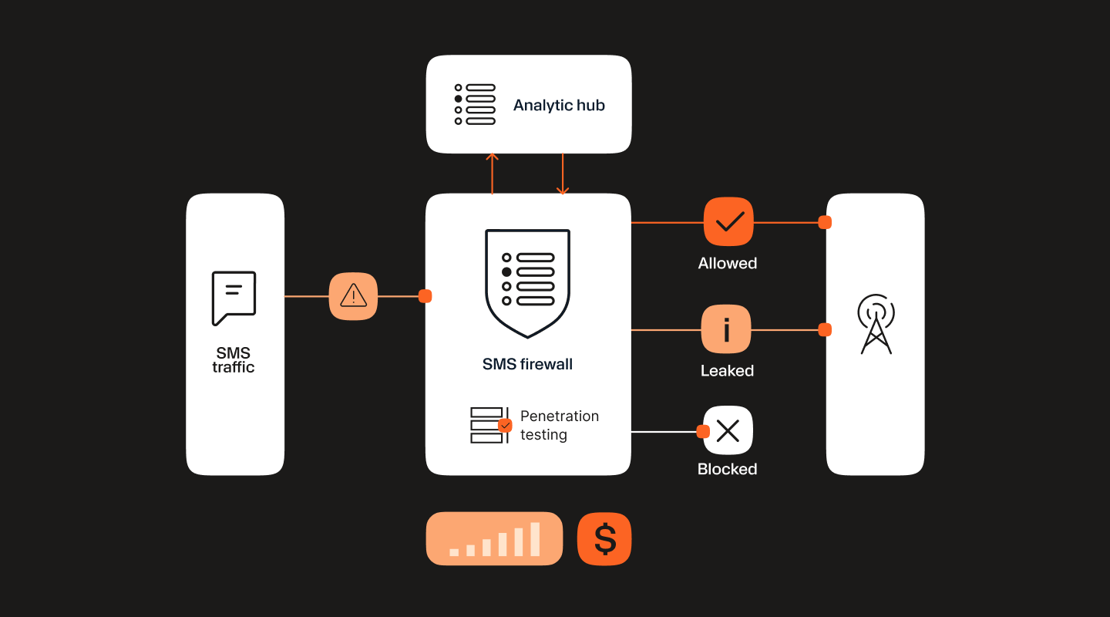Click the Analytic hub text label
pyautogui.click(x=559, y=105)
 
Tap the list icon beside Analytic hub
pyautogui.click(x=475, y=104)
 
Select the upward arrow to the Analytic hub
pyautogui.click(x=493, y=173)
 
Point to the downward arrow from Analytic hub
pyautogui.click(x=563, y=174)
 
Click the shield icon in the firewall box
pyautogui.click(x=528, y=282)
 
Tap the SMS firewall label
pyautogui.click(x=527, y=364)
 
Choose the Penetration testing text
pyautogui.click(x=559, y=425)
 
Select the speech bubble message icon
pyautogui.click(x=234, y=298)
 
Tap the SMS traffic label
pyautogui.click(x=234, y=360)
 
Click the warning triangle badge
pyautogui.click(x=353, y=295)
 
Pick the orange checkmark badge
pyautogui.click(x=728, y=222)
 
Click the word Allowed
pyautogui.click(x=728, y=263)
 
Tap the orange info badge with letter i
pyautogui.click(x=726, y=329)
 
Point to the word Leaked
pyautogui.click(x=727, y=370)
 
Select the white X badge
pyautogui.click(x=728, y=430)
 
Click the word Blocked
pyautogui.click(x=727, y=469)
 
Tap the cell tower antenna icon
pyautogui.click(x=876, y=324)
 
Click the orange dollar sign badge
pyautogui.click(x=604, y=539)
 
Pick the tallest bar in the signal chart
pyautogui.click(x=535, y=539)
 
